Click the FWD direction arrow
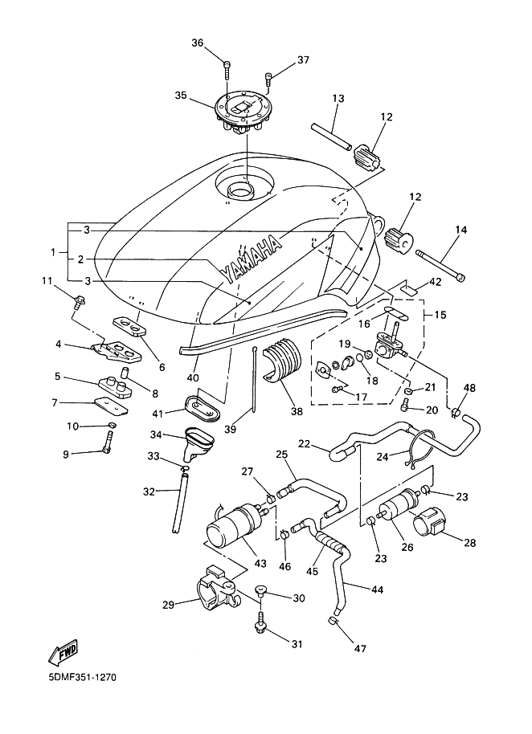pos(63,652)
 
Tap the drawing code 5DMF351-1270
pos(82,677)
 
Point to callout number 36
pos(198,43)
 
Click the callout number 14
pos(460,230)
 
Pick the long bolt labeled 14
pos(440,266)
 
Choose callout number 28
pos(469,543)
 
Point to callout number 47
pos(361,649)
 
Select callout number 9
pos(66,454)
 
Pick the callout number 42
pos(435,281)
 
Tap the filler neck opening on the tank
pos(239,190)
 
